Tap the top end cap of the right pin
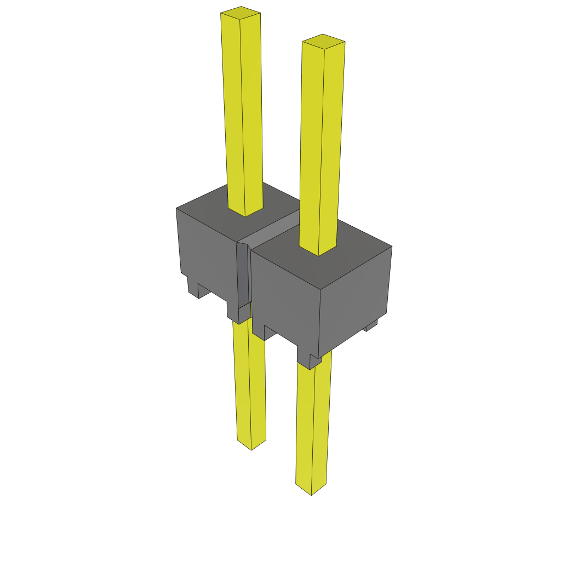coord(323,41)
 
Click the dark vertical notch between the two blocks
coord(243,274)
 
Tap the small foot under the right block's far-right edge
coord(371,327)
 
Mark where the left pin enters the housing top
coord(245,211)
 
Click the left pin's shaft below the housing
coord(250,383)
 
